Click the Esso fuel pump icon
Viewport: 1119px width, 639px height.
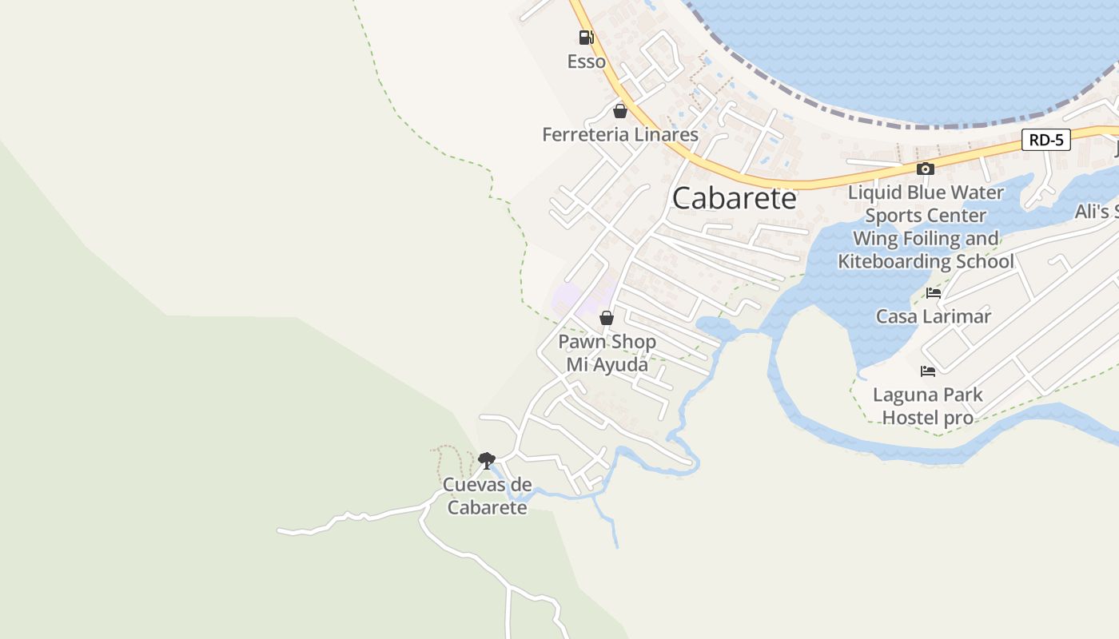tap(586, 37)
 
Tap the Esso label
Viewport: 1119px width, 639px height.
tap(586, 62)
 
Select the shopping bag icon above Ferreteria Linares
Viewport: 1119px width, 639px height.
tap(619, 111)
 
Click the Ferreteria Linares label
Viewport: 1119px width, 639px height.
tap(620, 134)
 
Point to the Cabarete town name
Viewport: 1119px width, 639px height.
tap(734, 198)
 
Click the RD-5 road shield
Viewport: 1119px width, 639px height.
tap(1045, 140)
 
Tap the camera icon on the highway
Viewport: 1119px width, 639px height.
tap(926, 169)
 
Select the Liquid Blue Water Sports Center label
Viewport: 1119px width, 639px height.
tap(926, 204)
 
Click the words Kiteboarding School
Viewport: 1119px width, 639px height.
tap(926, 261)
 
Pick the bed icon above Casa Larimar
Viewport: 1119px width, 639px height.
tap(933, 293)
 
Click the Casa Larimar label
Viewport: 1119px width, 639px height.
tap(933, 316)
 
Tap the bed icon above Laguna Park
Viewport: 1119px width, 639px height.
tap(927, 371)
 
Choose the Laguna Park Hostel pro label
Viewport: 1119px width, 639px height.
tap(927, 406)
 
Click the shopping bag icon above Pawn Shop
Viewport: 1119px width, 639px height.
tap(607, 318)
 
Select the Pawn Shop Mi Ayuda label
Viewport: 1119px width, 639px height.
tap(607, 352)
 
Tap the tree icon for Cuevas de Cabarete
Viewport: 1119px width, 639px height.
tap(486, 460)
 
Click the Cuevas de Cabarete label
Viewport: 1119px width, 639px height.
tap(487, 495)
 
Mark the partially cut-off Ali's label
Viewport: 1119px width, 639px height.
tap(1096, 212)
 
